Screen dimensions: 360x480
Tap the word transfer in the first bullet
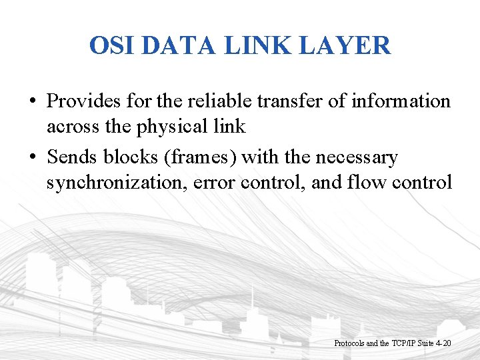[279, 101]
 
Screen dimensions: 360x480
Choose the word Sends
[72, 157]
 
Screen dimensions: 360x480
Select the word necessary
[356, 158]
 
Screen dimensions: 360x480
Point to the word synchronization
[117, 182]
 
